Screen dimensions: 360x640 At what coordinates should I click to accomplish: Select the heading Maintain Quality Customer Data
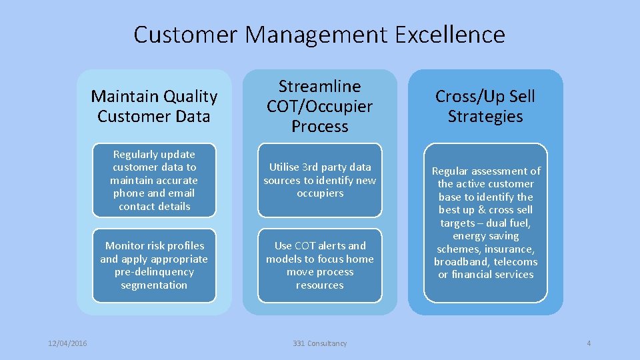point(154,106)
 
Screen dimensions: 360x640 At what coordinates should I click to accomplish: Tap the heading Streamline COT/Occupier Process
point(319,106)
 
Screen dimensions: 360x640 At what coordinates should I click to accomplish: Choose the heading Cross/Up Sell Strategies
point(485,106)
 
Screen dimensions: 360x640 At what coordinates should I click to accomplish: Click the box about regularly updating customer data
point(154,180)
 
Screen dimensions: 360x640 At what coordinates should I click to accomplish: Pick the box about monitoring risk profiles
point(154,265)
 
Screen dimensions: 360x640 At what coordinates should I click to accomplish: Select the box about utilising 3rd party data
point(319,180)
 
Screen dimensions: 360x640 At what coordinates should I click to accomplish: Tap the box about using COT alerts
point(319,265)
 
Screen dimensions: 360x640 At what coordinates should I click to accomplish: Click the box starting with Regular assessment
point(485,223)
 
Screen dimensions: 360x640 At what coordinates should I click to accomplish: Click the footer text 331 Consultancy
point(319,343)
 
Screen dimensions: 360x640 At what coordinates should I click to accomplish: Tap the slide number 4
point(589,343)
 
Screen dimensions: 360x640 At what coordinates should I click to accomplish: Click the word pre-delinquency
point(154,272)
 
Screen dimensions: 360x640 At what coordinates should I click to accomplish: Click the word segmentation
point(154,285)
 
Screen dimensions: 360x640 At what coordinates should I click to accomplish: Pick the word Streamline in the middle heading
point(319,87)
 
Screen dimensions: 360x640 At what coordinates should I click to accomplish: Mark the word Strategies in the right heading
point(485,117)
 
